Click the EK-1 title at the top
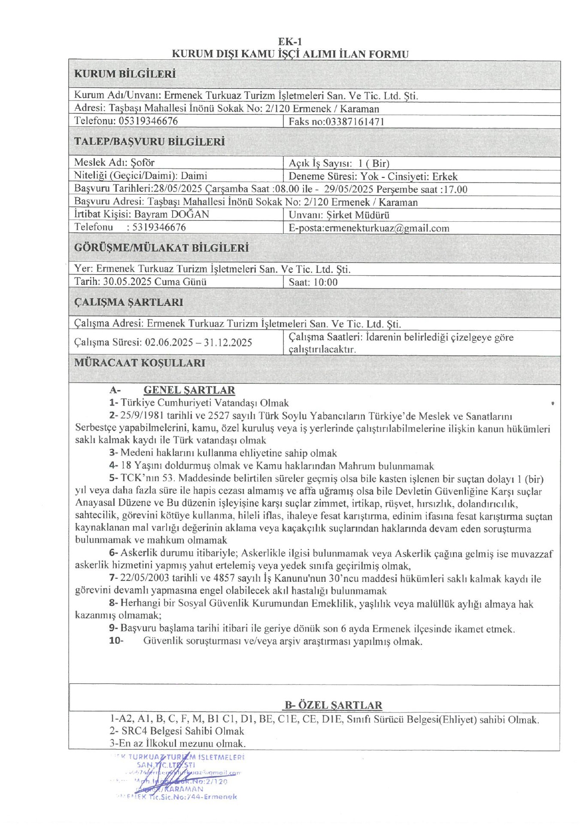290,42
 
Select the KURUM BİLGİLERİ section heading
125,74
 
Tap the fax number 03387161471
355,122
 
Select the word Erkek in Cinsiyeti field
445,177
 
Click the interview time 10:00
325,282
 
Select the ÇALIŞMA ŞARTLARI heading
129,302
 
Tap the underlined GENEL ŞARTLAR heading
189,390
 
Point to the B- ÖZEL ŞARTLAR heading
333,705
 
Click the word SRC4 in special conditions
134,731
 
